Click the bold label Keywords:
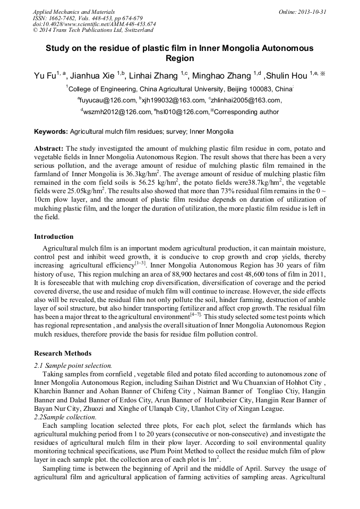51,131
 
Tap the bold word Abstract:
49,149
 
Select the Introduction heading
54,237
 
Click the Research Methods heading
63,353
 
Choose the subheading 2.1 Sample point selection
73,366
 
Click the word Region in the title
179,58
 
